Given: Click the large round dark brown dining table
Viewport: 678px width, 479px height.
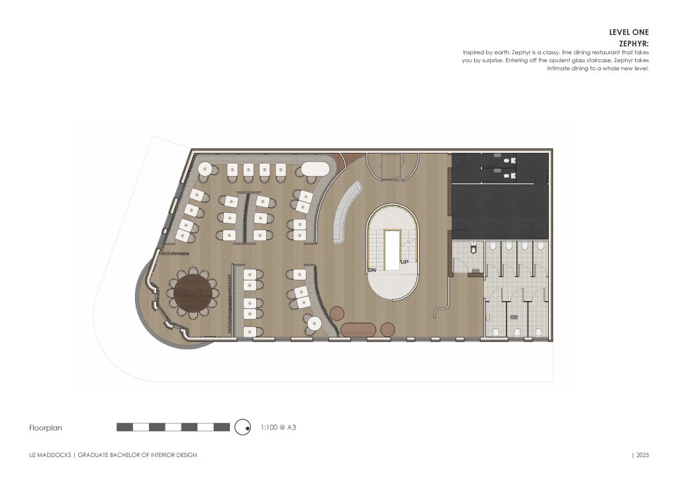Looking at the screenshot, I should click(x=192, y=292).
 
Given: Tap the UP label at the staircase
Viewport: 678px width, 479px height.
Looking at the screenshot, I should click(x=404, y=262).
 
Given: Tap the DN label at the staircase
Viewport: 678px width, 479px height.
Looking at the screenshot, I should click(x=373, y=270).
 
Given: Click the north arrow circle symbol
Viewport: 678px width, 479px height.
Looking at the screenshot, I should click(x=243, y=427).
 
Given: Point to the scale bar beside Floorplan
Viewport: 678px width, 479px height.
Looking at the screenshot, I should click(x=173, y=427).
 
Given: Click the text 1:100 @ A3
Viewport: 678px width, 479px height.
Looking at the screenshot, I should click(x=278, y=428).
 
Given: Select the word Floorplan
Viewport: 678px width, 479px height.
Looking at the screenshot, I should click(x=46, y=428).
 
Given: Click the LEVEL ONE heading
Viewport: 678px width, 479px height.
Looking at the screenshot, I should click(x=628, y=32).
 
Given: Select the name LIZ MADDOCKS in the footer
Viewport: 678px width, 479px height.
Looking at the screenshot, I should click(x=50, y=455).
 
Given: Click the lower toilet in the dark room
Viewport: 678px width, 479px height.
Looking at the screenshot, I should click(x=508, y=176).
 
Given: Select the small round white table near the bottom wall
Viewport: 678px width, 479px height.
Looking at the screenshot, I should click(x=314, y=323).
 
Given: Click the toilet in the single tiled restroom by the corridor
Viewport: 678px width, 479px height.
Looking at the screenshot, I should click(x=473, y=249).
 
